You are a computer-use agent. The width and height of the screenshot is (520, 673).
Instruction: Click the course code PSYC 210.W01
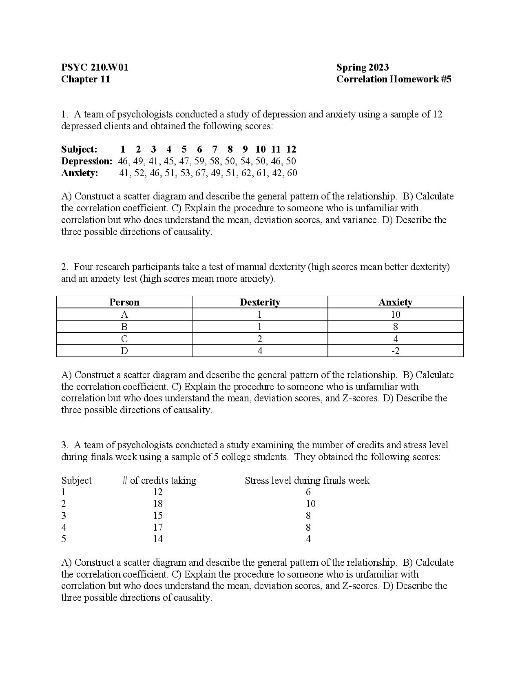pos(95,67)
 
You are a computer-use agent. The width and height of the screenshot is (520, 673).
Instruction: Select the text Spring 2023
pos(362,67)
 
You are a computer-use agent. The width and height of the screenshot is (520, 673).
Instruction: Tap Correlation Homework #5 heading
pos(394,79)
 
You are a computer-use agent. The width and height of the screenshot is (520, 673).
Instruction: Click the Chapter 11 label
pos(86,79)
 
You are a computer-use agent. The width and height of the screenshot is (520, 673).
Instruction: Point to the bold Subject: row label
pos(79,149)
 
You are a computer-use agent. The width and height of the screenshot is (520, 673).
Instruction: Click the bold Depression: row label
pos(86,161)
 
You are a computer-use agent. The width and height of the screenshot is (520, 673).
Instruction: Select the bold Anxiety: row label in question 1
pos(80,173)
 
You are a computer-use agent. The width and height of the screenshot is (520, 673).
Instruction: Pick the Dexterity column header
pos(260,302)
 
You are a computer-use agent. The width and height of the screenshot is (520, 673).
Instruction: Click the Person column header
pos(124,302)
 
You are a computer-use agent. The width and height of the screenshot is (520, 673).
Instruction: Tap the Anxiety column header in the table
pos(395,302)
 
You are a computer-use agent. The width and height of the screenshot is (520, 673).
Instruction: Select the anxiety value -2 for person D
pos(395,351)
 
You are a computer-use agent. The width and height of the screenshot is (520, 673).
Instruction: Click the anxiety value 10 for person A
pos(395,314)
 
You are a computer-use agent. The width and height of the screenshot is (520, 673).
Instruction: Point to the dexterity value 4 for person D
pos(260,351)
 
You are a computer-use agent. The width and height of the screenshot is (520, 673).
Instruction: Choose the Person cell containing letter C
pos(124,339)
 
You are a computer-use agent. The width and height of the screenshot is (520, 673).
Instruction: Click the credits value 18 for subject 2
pos(158,504)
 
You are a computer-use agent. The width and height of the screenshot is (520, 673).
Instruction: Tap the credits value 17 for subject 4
pos(158,527)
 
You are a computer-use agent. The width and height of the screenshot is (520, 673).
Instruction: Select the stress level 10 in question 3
pos(310,504)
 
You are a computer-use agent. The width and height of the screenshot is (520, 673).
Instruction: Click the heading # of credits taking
pos(159,480)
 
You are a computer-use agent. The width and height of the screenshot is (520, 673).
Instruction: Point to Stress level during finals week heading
pos(307,480)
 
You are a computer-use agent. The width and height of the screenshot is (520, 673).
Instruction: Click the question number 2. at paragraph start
pos(64,267)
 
